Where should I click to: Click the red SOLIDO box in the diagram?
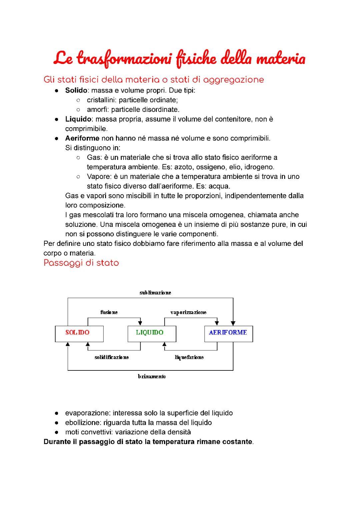[x=79, y=333]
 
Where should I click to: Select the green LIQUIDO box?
[x=152, y=333]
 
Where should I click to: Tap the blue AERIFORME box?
[x=228, y=333]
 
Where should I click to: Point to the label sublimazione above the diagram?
[x=155, y=292]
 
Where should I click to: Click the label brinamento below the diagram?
[x=152, y=376]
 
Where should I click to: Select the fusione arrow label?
[x=109, y=312]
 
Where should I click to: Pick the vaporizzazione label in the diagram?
[x=188, y=312]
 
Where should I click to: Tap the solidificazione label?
[x=112, y=357]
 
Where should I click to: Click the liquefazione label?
[x=189, y=357]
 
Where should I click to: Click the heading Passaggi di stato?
[x=81, y=263]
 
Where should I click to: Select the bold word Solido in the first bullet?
[x=76, y=90]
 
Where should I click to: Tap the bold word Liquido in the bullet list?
[x=78, y=119]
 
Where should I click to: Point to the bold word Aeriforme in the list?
[x=82, y=138]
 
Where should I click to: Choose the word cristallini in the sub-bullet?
[x=102, y=100]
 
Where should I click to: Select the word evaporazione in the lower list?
[x=87, y=413]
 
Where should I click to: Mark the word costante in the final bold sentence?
[x=238, y=442]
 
